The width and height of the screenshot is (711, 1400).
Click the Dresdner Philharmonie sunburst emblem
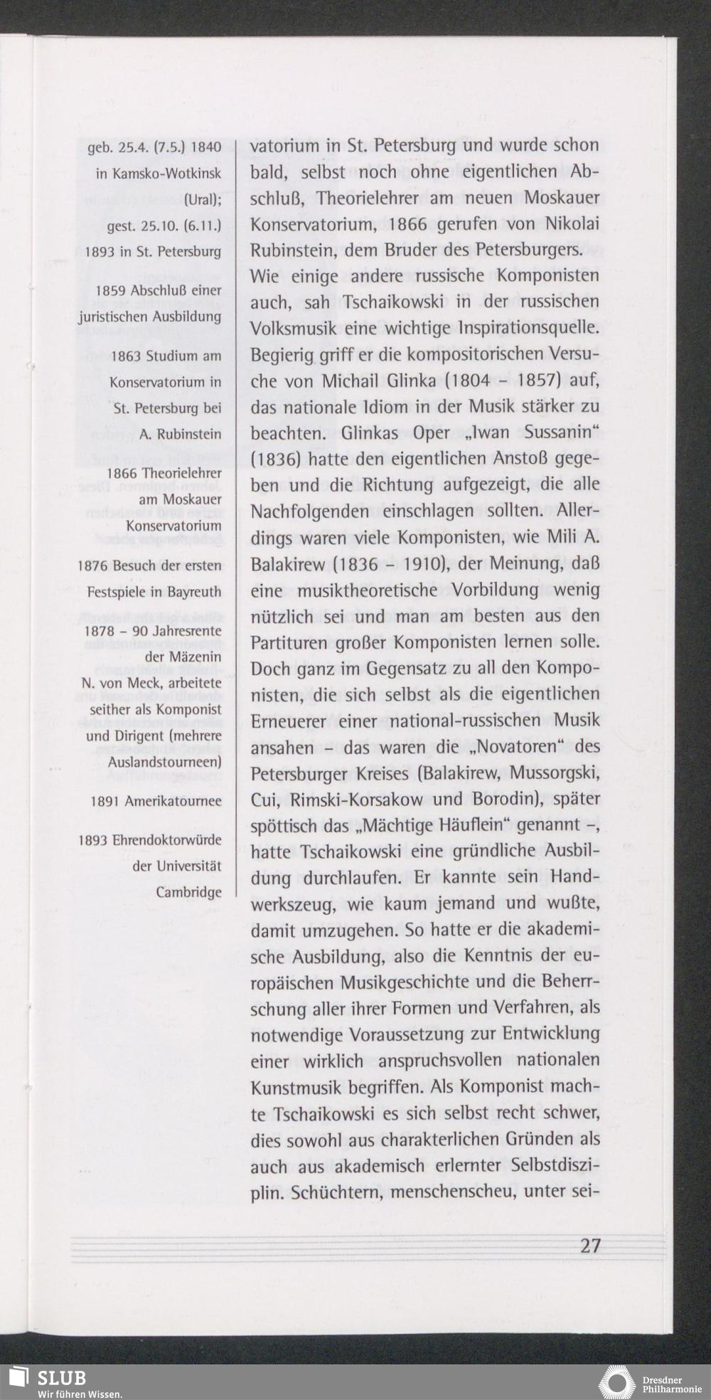point(616,1381)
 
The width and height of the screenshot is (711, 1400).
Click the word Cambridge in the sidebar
point(188,891)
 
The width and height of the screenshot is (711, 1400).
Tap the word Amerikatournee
point(173,801)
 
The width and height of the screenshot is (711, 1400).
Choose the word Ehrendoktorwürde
point(166,840)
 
